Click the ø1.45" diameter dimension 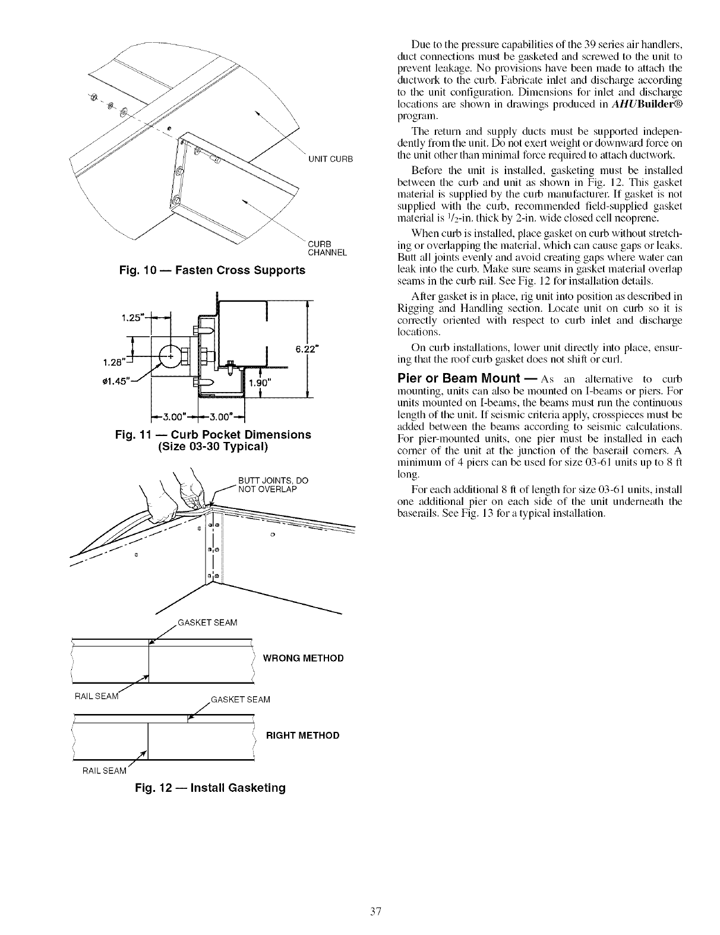(137, 381)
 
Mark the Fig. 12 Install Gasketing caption (210, 788)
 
